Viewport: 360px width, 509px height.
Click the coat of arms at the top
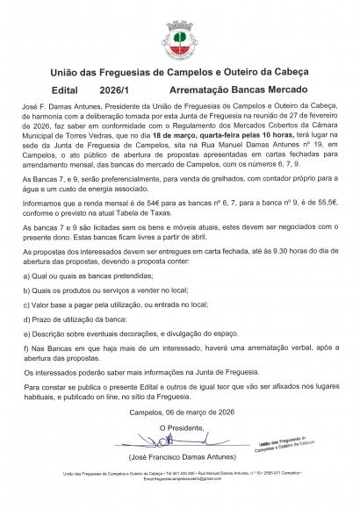pos(179,37)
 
